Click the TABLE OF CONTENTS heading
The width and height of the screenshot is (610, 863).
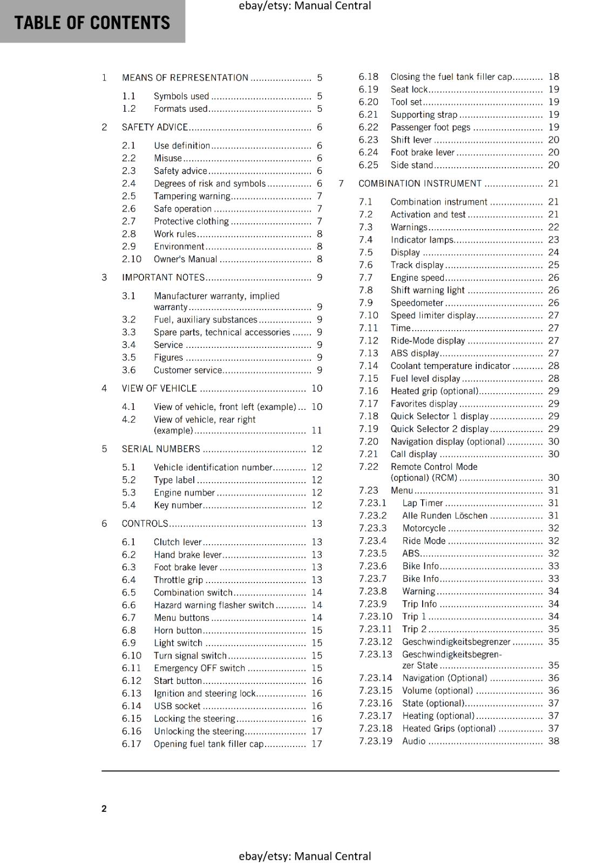(x=92, y=23)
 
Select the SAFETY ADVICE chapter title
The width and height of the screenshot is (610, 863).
(x=155, y=127)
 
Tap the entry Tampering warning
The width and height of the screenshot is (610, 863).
(x=192, y=196)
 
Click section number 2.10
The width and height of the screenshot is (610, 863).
(x=131, y=259)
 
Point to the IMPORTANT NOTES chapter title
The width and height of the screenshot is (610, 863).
(x=163, y=278)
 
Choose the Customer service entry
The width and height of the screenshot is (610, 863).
(x=188, y=371)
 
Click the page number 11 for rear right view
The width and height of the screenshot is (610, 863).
(x=317, y=430)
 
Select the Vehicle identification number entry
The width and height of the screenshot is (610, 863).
(x=213, y=468)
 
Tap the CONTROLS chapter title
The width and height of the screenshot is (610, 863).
(x=145, y=524)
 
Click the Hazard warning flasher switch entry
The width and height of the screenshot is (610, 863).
(x=214, y=605)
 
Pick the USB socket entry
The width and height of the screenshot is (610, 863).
(x=177, y=706)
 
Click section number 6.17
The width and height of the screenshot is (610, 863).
(x=131, y=744)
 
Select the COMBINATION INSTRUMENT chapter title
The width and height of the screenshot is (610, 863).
(x=420, y=183)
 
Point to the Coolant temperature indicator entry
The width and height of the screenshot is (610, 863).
(x=450, y=366)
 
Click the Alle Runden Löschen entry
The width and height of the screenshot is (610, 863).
(x=445, y=516)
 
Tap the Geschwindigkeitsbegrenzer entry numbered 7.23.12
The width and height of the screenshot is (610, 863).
(x=456, y=642)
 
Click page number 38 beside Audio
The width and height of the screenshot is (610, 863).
(x=554, y=741)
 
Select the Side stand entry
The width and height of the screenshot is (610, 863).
(x=412, y=165)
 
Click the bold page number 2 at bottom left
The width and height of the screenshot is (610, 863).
(x=104, y=809)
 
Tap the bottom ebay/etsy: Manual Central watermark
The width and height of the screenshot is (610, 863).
(x=305, y=856)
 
